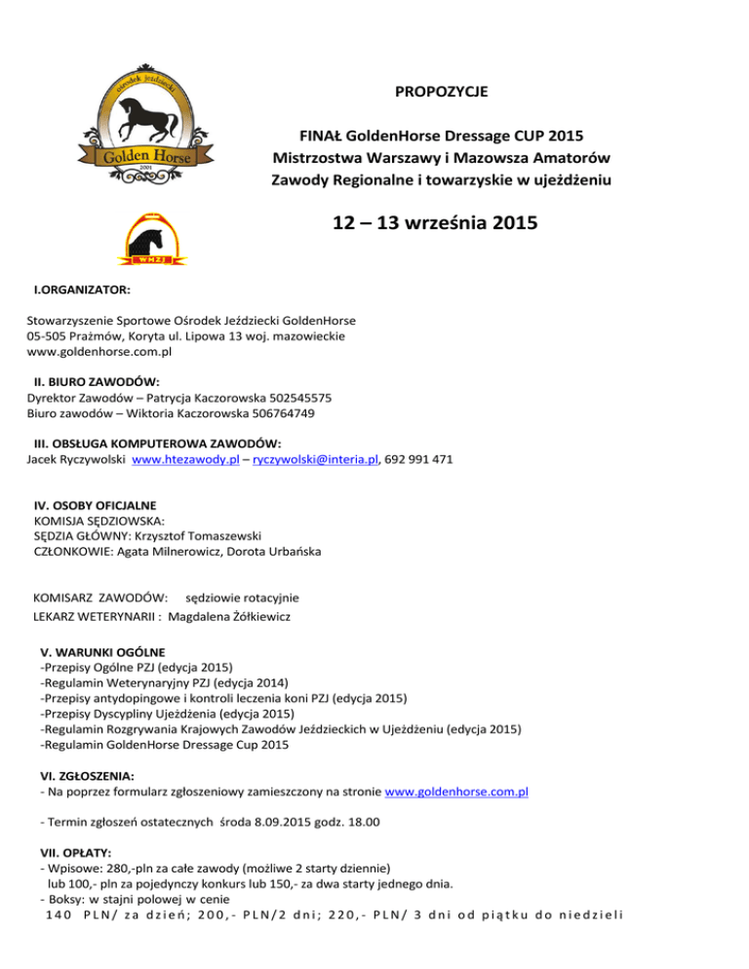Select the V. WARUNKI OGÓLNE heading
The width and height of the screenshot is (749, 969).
pyautogui.click(x=102, y=650)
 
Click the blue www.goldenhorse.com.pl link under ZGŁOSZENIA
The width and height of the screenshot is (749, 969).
pyautogui.click(x=457, y=793)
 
